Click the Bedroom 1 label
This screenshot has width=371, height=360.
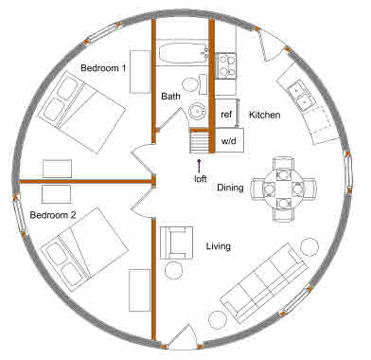[x=104, y=68]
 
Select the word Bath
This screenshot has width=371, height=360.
[x=170, y=96]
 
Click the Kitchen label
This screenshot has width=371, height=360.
[x=264, y=115]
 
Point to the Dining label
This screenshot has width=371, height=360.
[x=230, y=188]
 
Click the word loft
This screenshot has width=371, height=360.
[x=200, y=178]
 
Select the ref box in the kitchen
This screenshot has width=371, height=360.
[x=226, y=115]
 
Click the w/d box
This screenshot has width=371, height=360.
[x=229, y=140]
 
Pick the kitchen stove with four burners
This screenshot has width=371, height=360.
[x=227, y=64]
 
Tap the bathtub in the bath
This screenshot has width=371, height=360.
[x=182, y=53]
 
